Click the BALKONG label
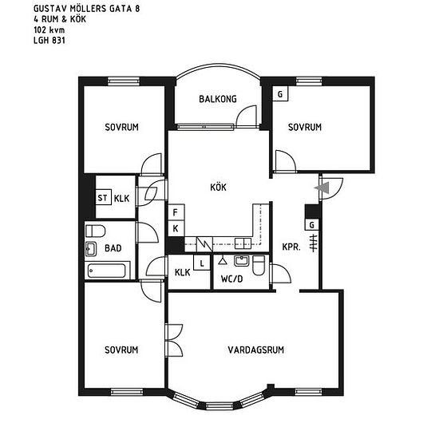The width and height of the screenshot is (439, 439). tap(218, 99)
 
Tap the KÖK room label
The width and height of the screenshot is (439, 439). tap(218, 187)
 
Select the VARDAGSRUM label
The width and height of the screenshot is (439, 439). tap(256, 350)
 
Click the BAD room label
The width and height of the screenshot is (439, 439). tap(113, 248)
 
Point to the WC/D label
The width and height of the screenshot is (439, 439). tap(231, 279)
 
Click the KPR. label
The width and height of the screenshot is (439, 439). tap(291, 247)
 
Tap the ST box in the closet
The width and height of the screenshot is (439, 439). tap(103, 198)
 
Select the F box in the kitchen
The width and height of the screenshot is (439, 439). tap(176, 212)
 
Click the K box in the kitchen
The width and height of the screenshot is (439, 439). tap(176, 229)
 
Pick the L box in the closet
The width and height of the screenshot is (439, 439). tap(202, 263)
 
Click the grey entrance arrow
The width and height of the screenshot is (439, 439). tap(322, 188)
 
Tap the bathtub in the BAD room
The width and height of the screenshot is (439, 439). tap(107, 271)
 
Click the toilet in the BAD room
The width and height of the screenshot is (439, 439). tap(96, 231)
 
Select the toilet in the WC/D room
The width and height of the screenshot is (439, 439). tap(259, 266)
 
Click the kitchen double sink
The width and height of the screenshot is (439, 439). tap(243, 243)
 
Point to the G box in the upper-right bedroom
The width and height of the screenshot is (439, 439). tap(280, 94)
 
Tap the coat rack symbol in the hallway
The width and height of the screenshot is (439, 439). tap(314, 243)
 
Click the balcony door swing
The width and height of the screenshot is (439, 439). tap(247, 117)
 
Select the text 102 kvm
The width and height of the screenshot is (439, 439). tap(49, 30)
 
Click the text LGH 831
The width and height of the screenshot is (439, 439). tap(49, 41)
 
